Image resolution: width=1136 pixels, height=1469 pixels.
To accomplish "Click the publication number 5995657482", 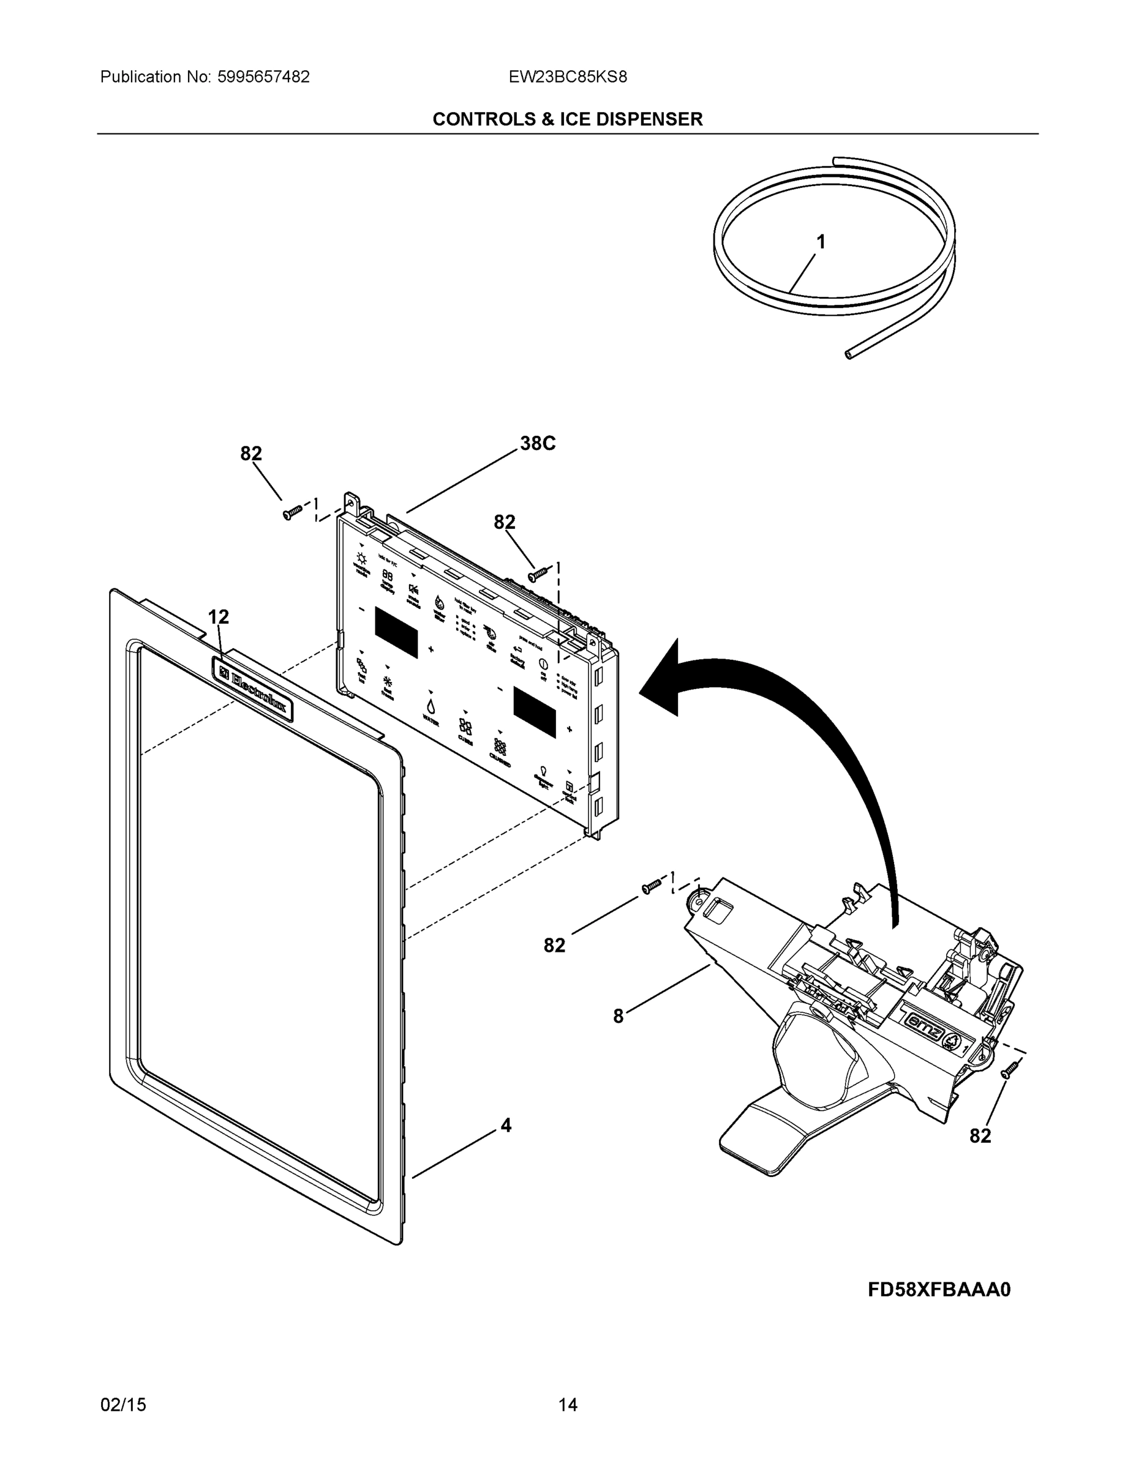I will [x=263, y=77].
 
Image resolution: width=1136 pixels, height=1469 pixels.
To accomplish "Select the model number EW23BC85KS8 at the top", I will [x=567, y=77].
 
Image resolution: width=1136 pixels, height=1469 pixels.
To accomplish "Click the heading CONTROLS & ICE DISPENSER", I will [x=567, y=119].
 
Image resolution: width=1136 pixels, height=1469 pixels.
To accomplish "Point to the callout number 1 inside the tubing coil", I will [x=821, y=242].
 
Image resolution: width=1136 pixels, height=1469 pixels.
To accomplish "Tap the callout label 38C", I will [x=538, y=444].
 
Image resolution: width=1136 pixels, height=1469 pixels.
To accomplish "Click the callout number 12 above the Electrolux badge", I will [x=218, y=617].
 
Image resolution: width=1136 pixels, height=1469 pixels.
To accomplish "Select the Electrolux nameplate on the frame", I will [x=252, y=689].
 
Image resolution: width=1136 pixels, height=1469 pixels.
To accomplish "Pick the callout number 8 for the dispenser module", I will [x=619, y=1016].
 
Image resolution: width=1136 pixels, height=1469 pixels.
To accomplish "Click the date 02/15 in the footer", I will [x=123, y=1405].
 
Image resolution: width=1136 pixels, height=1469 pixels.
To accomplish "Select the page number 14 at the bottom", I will [x=567, y=1405].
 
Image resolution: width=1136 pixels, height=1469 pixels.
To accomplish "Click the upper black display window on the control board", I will [x=396, y=632].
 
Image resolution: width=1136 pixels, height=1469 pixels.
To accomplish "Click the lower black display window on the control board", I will [x=535, y=712].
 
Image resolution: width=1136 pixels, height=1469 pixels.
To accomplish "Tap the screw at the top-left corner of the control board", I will [x=292, y=514].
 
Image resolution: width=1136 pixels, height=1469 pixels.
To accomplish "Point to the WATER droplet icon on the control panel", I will [x=430, y=706].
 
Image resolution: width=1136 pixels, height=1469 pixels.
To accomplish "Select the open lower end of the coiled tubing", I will [x=849, y=354].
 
